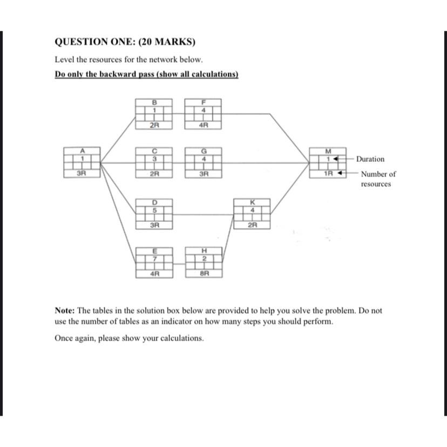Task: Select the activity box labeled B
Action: click(154, 113)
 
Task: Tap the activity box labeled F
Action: click(204, 113)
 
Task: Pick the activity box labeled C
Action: click(154, 161)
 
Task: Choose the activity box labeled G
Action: click(204, 161)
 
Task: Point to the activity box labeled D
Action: click(154, 214)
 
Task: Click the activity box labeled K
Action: click(252, 214)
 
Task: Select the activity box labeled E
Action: click(154, 262)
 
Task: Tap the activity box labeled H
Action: click(204, 262)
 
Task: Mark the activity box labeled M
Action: click(327, 161)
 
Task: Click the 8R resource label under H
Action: click(204, 274)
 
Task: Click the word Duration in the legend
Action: click(370, 159)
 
